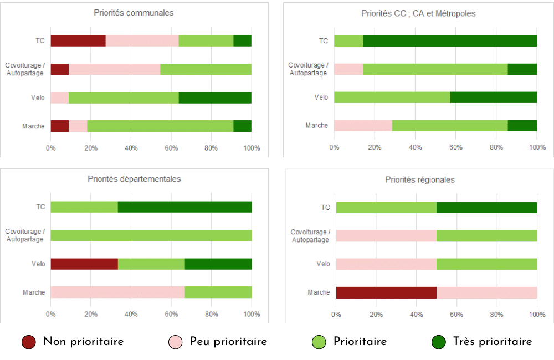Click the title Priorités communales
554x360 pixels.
click(x=134, y=13)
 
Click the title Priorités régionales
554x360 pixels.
click(x=420, y=179)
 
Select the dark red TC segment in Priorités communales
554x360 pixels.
click(x=78, y=40)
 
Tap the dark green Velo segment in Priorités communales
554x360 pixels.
click(x=215, y=97)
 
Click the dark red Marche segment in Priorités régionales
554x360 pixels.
click(x=386, y=292)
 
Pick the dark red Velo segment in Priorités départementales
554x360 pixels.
click(x=84, y=264)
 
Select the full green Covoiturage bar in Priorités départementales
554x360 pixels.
click(x=151, y=235)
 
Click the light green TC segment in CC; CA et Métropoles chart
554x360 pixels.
click(x=348, y=40)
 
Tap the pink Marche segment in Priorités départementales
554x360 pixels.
click(x=117, y=292)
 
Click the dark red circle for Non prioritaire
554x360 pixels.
click(x=29, y=342)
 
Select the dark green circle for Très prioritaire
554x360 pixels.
click(x=439, y=342)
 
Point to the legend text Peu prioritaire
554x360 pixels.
click(x=228, y=342)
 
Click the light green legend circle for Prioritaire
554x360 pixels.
click(x=319, y=342)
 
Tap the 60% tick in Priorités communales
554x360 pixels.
click(x=171, y=148)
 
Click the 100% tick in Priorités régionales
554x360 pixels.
click(x=537, y=315)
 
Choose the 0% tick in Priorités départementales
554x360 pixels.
click(x=50, y=315)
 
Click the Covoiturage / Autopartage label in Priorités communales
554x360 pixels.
click(x=25, y=69)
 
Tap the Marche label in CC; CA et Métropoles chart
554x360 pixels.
click(x=316, y=126)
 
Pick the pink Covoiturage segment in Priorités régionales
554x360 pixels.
click(x=386, y=235)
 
